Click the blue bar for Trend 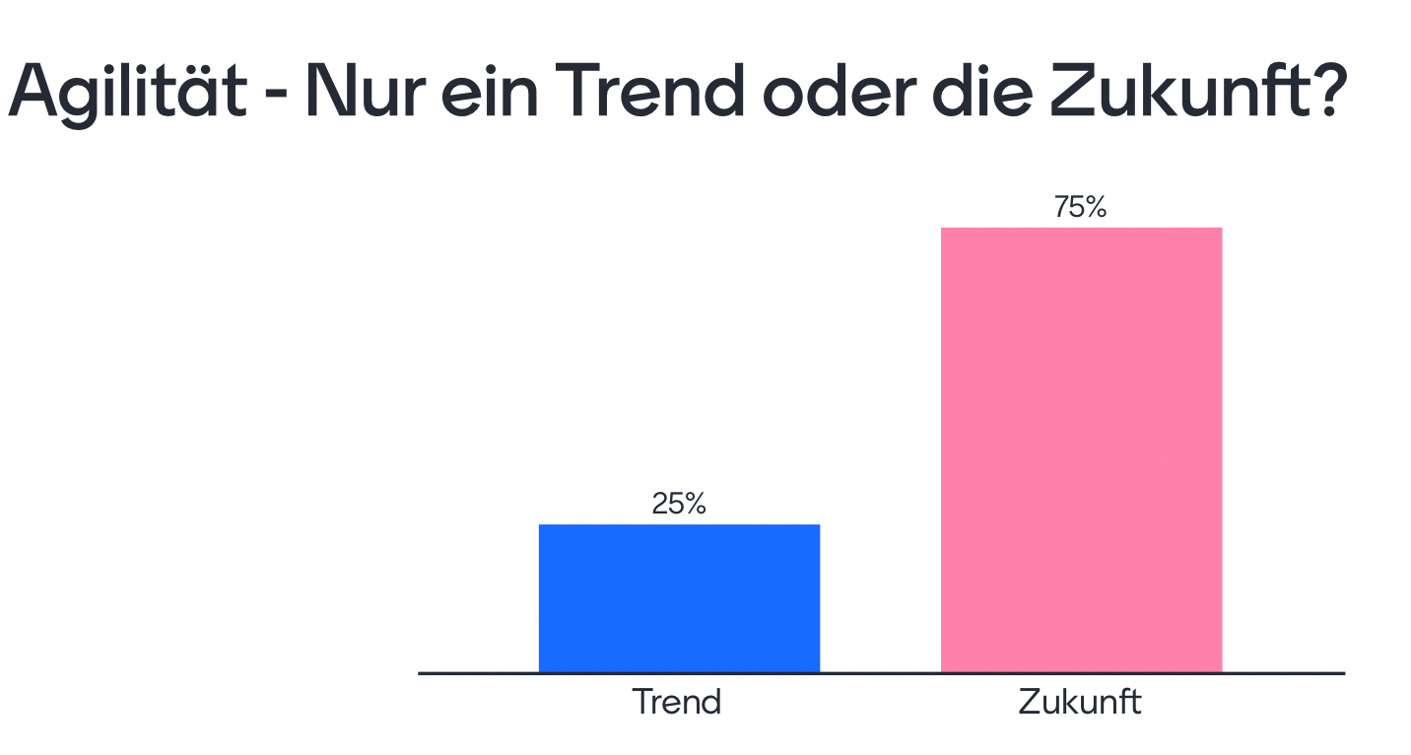[679, 598]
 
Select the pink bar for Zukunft [1081, 450]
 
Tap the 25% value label [679, 504]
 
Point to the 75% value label [1081, 208]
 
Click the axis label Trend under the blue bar [677, 703]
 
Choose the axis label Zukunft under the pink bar [1080, 703]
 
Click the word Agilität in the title [126, 92]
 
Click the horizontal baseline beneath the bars [881, 673]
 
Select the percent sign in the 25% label [695, 504]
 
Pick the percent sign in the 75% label [1096, 208]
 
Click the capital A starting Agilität [34, 92]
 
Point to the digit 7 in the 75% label [1061, 208]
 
